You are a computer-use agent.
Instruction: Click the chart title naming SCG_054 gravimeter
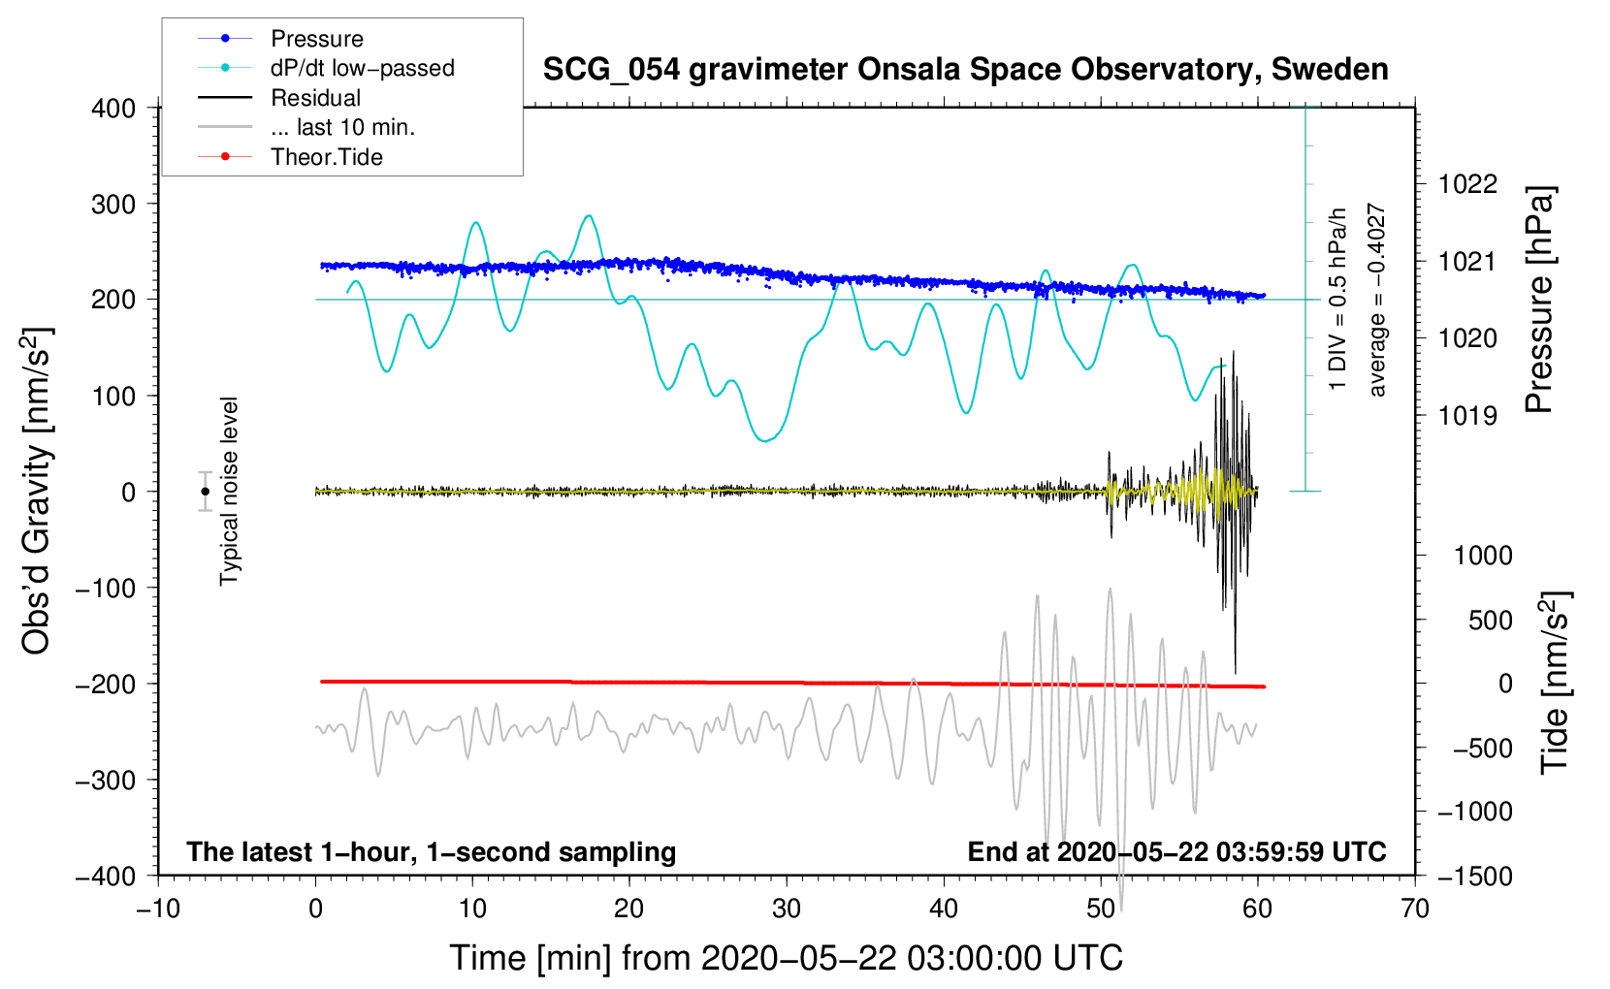(965, 70)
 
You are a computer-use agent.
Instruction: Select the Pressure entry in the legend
(317, 39)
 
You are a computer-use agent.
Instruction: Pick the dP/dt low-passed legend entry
(362, 68)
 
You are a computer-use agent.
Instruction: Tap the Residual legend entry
(315, 98)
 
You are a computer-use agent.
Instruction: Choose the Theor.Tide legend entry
(326, 157)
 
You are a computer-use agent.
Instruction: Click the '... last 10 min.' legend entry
(342, 127)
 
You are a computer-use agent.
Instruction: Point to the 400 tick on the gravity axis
(113, 109)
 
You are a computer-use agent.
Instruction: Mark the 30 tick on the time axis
(787, 909)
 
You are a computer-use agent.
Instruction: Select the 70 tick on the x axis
(1415, 909)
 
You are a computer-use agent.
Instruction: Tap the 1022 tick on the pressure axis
(1467, 184)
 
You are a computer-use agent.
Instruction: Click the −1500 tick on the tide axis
(1474, 877)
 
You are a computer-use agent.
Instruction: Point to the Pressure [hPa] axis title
(1539, 301)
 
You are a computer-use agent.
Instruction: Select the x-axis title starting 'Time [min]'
(787, 958)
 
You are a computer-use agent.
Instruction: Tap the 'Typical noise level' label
(229, 492)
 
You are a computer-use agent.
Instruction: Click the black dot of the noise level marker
(205, 492)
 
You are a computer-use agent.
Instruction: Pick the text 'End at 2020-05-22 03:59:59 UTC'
(1176, 852)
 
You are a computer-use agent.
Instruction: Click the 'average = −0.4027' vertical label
(1377, 301)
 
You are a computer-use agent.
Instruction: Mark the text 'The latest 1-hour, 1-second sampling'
(432, 852)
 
